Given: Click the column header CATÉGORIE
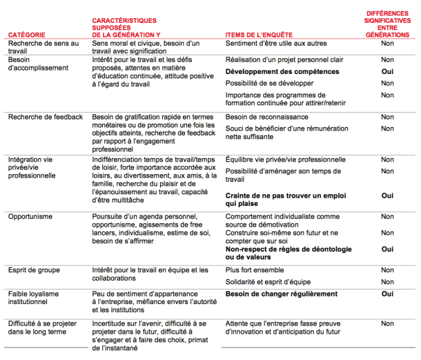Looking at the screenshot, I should [x=28, y=34].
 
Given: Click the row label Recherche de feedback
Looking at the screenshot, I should [x=45, y=117].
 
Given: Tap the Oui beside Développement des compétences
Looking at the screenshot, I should [x=387, y=72].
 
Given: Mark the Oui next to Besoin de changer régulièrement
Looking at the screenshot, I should [x=387, y=294].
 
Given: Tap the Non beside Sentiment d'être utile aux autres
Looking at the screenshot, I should [x=387, y=44].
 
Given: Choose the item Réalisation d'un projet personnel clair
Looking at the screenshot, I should [x=284, y=60].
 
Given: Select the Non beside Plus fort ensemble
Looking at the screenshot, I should [x=387, y=269].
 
